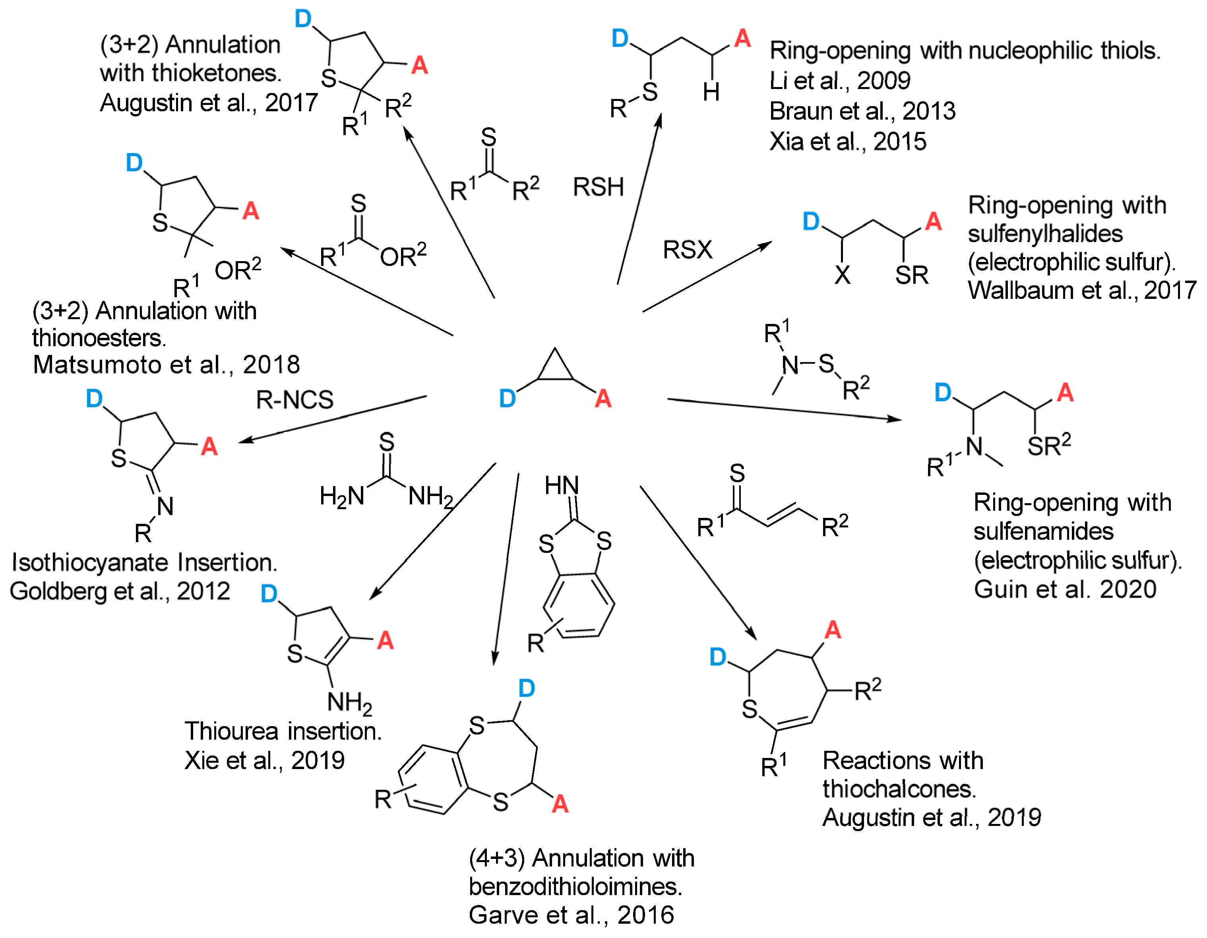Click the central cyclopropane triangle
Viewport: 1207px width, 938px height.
pos(555,368)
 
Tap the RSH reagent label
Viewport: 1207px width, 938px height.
pos(598,187)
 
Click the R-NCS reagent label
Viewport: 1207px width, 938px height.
pos(294,399)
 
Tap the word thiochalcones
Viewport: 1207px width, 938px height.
pos(899,789)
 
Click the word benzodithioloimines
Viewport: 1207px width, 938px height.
pos(575,887)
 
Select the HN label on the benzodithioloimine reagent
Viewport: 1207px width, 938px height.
pos(562,485)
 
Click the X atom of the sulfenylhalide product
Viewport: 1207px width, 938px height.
pos(842,275)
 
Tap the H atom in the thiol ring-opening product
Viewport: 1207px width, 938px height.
pos(711,92)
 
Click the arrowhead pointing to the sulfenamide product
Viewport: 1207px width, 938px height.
pos(895,420)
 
